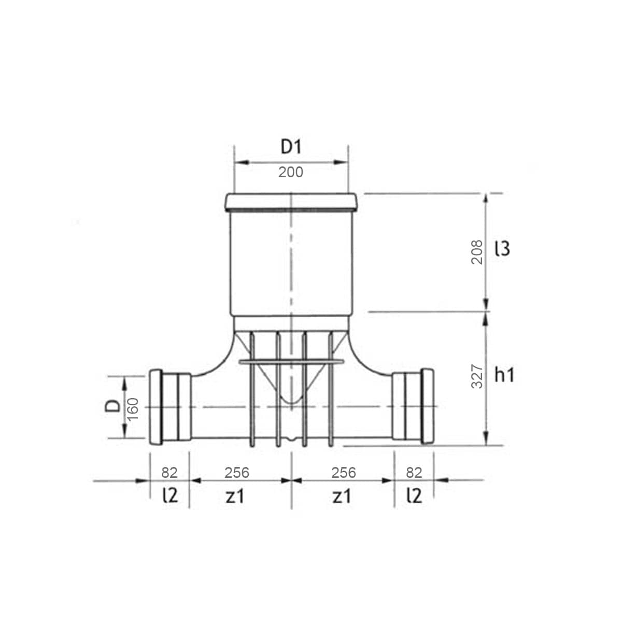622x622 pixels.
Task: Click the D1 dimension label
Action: pyautogui.click(x=291, y=147)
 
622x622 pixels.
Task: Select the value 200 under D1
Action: pyautogui.click(x=290, y=173)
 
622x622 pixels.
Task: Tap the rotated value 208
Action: pyautogui.click(x=477, y=252)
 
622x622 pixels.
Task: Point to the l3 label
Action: pyautogui.click(x=502, y=249)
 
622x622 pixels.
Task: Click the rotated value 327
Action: pyautogui.click(x=477, y=376)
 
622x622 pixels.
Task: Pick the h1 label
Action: pyautogui.click(x=504, y=375)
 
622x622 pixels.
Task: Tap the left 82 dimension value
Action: pyautogui.click(x=169, y=473)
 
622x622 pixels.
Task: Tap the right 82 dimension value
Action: pyautogui.click(x=414, y=473)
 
